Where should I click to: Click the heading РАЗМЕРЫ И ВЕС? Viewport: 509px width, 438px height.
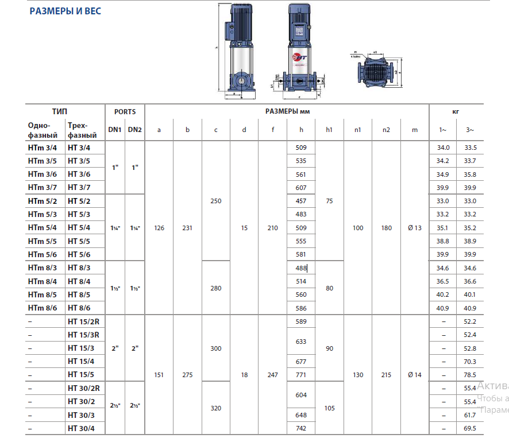[65, 11]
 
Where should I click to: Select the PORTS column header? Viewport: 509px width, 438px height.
[125, 112]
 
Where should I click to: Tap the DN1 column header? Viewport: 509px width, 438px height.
[114, 130]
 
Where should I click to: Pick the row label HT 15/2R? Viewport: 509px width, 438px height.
[83, 321]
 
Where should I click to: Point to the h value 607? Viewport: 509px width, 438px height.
[300, 188]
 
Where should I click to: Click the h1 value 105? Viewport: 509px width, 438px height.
[329, 408]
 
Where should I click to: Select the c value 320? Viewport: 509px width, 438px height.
[215, 408]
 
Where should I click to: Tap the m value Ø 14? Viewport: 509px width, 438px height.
[414, 375]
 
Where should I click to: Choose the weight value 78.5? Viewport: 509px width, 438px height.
[471, 375]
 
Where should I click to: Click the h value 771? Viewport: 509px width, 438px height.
[300, 375]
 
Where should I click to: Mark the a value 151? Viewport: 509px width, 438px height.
[159, 375]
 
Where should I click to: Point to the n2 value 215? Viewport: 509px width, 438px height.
[386, 375]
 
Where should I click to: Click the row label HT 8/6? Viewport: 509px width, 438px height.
[79, 308]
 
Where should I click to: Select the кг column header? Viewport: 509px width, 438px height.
[456, 112]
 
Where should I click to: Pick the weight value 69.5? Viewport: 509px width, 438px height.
[471, 428]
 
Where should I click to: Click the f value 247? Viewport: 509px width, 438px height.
[272, 375]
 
